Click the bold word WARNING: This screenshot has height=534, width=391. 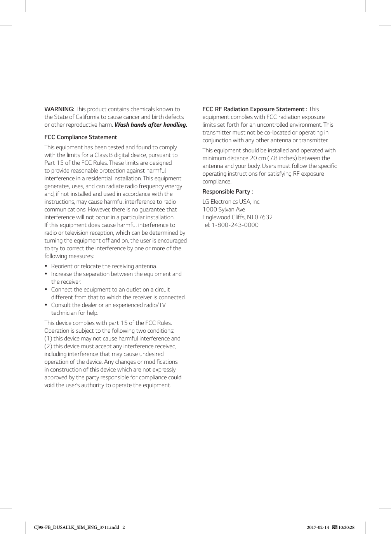(59, 109)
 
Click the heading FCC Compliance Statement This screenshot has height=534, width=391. (81, 137)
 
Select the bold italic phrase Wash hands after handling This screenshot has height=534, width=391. (151, 125)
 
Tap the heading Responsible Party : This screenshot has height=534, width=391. (228, 192)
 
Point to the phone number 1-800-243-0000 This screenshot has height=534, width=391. (235, 225)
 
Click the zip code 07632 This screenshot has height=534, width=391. (264, 217)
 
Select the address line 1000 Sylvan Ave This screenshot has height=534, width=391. (224, 209)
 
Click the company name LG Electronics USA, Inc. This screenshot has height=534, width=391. (231, 202)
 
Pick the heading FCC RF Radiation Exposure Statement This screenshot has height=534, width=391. (255, 109)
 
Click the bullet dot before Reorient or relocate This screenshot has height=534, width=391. (46, 266)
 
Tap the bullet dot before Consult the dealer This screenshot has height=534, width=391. (46, 305)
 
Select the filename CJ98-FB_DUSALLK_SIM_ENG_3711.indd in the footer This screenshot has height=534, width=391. (76, 527)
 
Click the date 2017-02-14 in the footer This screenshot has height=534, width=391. (318, 527)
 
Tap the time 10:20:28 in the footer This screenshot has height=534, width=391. (346, 527)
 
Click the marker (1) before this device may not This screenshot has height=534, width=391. (48, 339)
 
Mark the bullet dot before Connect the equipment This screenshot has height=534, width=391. (46, 290)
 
